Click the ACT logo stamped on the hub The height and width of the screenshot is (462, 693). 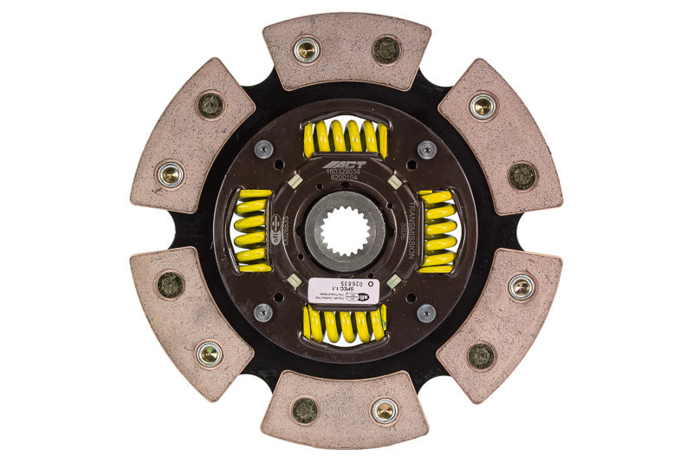pyautogui.click(x=345, y=164)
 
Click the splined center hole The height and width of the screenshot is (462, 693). pyautogui.click(x=345, y=231)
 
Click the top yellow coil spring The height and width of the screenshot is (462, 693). pyautogui.click(x=345, y=138)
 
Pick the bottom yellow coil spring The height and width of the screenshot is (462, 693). pyautogui.click(x=345, y=324)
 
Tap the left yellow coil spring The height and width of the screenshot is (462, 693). pyautogui.click(x=252, y=231)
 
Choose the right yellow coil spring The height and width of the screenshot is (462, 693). pyautogui.click(x=437, y=231)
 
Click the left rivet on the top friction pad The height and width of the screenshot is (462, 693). pyautogui.click(x=306, y=49)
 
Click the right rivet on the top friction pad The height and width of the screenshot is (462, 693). pyautogui.click(x=385, y=49)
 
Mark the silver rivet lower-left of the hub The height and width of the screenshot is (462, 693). pyautogui.click(x=263, y=312)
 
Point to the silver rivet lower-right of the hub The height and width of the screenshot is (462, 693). pyautogui.click(x=426, y=312)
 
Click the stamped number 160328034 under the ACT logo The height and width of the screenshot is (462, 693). pyautogui.click(x=345, y=173)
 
